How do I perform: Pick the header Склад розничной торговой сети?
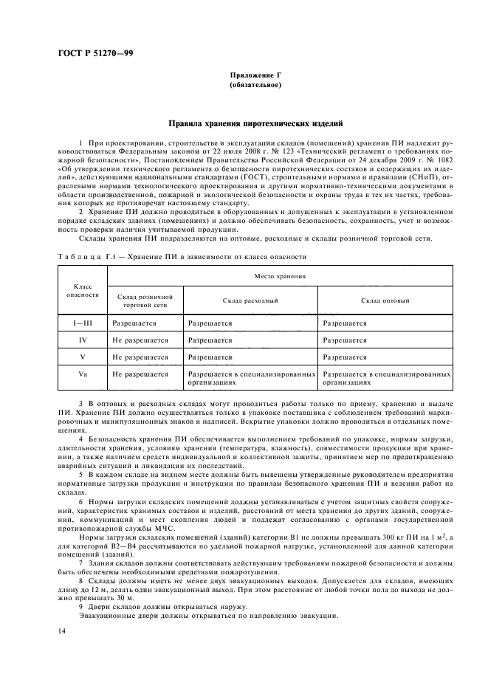click(145, 300)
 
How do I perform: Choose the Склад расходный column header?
click(250, 300)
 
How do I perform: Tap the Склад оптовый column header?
click(385, 300)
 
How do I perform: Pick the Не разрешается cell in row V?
click(140, 357)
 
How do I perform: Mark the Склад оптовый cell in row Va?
click(385, 378)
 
